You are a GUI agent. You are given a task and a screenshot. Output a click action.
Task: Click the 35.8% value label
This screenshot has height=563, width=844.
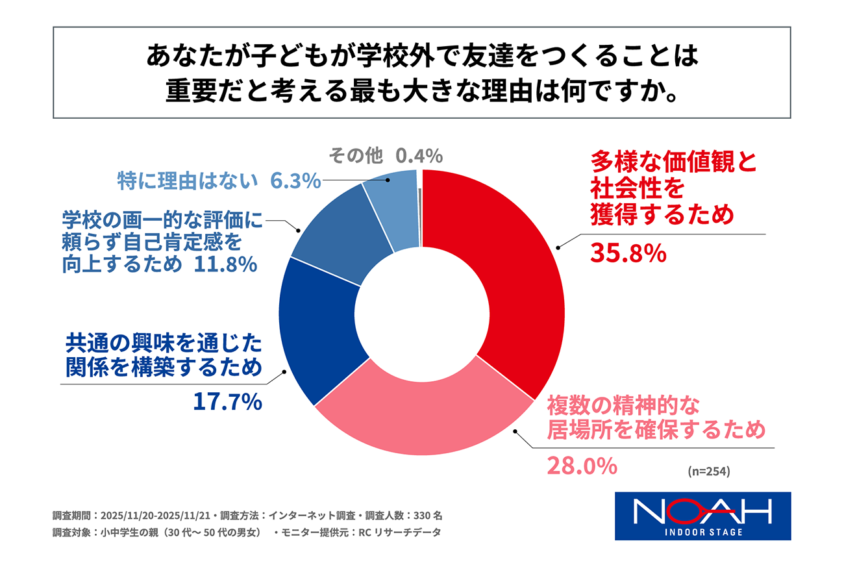tap(628, 253)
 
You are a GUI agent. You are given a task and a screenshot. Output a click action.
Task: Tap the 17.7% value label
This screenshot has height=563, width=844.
tap(227, 402)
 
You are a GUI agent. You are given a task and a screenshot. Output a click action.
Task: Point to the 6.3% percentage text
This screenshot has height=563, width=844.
tap(295, 181)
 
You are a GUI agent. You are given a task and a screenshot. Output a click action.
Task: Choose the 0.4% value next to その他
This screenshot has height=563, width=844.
tap(419, 156)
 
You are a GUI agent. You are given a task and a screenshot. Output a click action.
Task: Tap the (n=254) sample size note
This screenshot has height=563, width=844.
tap(709, 472)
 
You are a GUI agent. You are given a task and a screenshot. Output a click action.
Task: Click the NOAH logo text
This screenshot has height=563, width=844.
tap(702, 510)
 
